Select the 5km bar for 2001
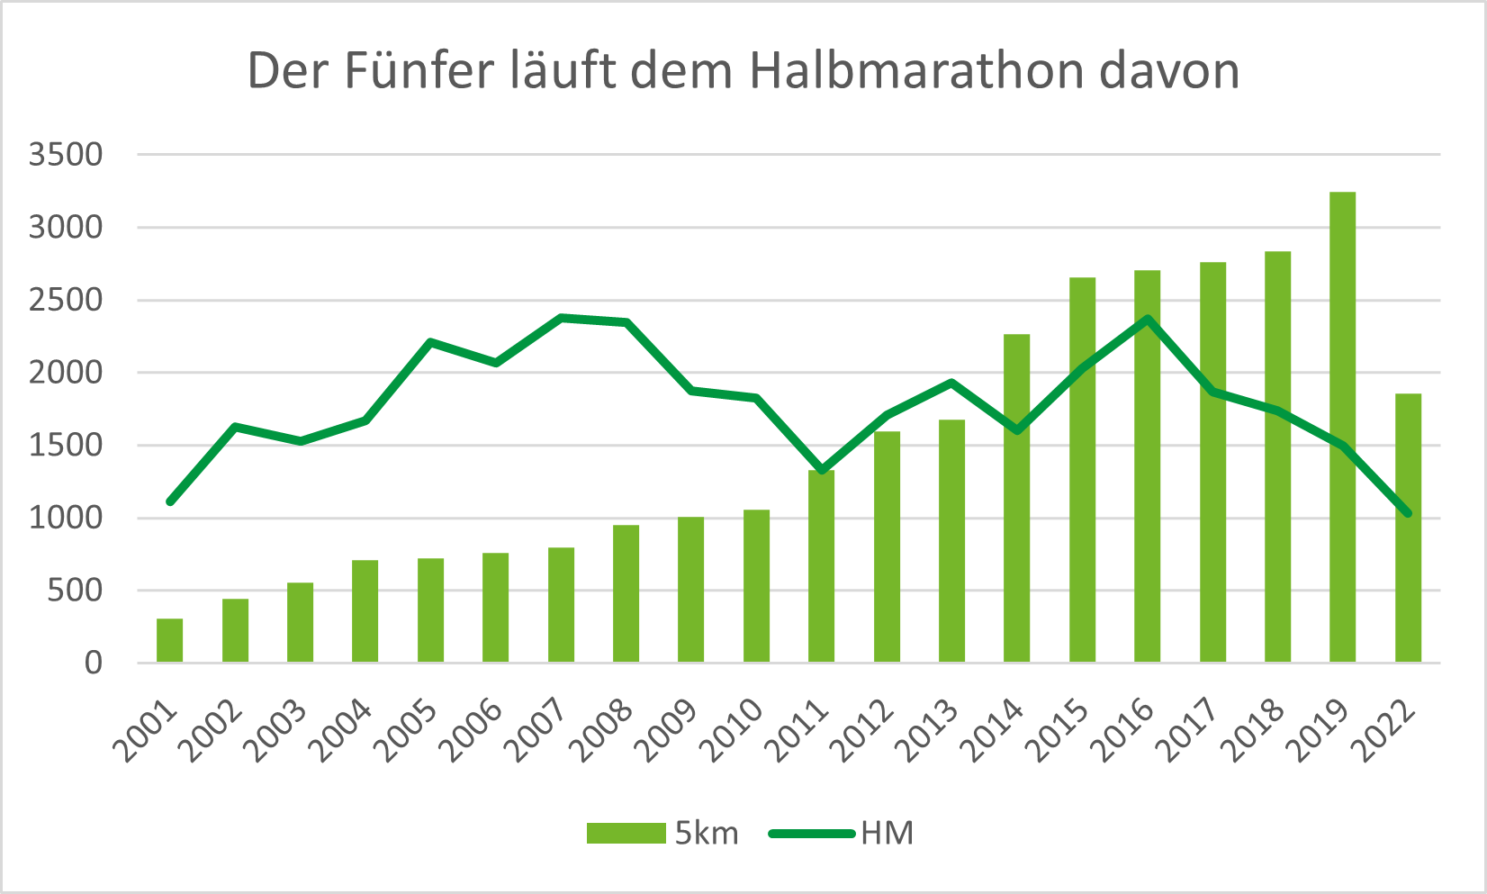[x=169, y=641]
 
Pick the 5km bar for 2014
[x=1016, y=499]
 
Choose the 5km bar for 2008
[x=626, y=594]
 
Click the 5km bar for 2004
[x=365, y=611]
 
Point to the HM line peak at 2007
[x=561, y=318]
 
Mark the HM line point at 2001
[x=170, y=501]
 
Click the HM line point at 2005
[x=430, y=342]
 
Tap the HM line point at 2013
[x=951, y=382]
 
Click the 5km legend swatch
[x=626, y=833]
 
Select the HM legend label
[x=887, y=833]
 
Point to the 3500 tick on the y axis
[x=66, y=155]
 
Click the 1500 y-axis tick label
[x=66, y=446]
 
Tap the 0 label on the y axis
[x=93, y=664]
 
